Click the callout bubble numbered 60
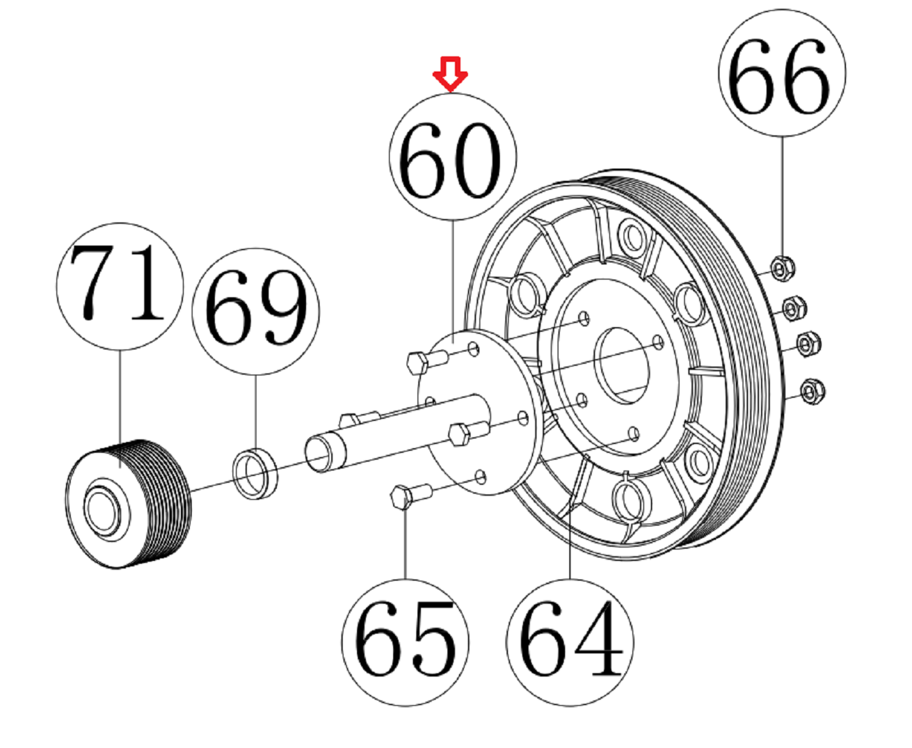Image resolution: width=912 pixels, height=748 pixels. point(452,157)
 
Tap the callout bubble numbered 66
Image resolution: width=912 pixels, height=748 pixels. point(781,73)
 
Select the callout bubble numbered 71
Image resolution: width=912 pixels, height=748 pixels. point(120,286)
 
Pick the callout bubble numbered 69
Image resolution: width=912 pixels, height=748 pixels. point(256,311)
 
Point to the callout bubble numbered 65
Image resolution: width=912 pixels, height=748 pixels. point(405,643)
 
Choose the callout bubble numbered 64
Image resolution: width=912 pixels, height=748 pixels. point(570,643)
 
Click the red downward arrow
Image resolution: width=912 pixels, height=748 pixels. point(451,73)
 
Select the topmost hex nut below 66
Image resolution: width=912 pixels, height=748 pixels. point(781,267)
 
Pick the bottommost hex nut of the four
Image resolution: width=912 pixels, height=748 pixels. point(810,390)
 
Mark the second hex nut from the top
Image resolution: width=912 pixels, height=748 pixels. point(793,309)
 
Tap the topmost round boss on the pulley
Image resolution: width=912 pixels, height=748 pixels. point(633,236)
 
